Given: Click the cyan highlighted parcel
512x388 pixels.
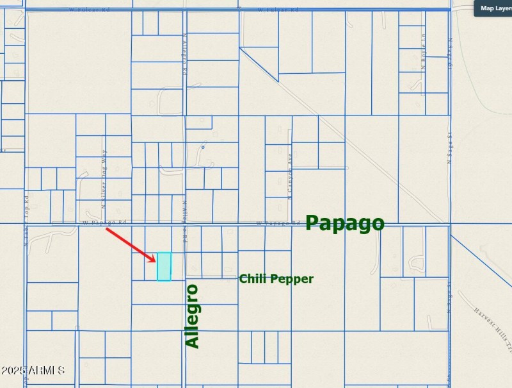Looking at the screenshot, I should click(x=164, y=266).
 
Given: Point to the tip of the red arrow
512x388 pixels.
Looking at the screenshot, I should click(x=156, y=261).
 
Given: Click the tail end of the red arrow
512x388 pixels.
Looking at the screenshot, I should click(x=106, y=229).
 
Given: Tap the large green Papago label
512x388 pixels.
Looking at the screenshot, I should click(x=345, y=223).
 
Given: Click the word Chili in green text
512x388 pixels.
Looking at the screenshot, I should click(x=253, y=279).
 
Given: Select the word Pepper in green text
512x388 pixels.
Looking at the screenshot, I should click(x=293, y=279).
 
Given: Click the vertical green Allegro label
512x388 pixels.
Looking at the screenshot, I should click(x=192, y=316).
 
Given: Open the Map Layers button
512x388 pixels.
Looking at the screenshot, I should click(x=493, y=8).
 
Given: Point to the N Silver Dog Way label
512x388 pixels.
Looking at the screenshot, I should click(x=105, y=179).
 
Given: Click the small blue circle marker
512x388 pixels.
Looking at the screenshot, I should click(x=203, y=147).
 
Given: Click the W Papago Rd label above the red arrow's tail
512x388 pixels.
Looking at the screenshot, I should click(x=104, y=223).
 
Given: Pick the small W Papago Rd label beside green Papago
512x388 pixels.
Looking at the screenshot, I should click(x=278, y=223).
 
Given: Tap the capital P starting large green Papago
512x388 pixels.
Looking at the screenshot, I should click(x=313, y=223).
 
